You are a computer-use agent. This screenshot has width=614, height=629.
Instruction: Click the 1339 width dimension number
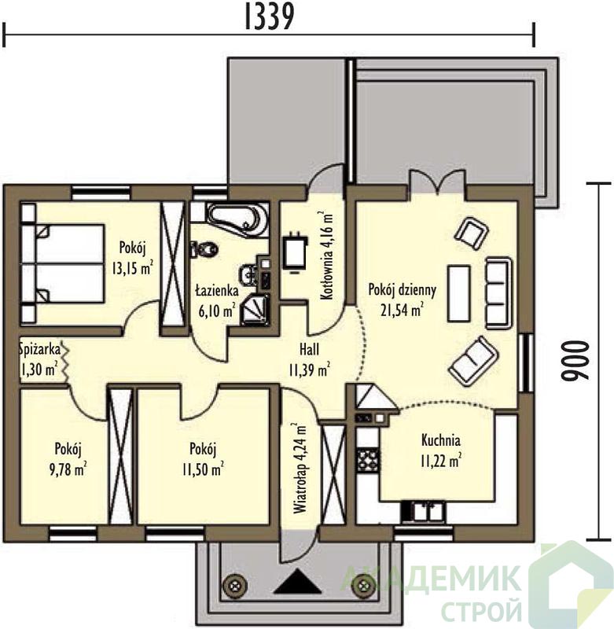point(269,17)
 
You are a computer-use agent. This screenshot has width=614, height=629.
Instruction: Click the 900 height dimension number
point(575,361)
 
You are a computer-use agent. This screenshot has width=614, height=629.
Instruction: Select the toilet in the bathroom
point(204,249)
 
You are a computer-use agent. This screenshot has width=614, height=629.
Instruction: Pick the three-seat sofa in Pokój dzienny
point(499,292)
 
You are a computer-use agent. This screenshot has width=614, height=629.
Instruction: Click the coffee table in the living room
point(459,292)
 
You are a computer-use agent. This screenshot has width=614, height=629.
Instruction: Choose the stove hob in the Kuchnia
point(367,459)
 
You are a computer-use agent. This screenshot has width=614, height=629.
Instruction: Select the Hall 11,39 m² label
point(310,360)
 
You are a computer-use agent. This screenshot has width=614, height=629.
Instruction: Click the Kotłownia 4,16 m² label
point(328,256)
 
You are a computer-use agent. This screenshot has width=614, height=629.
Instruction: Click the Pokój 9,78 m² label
point(68,459)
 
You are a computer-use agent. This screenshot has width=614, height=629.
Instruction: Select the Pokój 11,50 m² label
point(203,459)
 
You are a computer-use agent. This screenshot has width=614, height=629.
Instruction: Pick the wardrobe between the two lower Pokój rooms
point(121,457)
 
